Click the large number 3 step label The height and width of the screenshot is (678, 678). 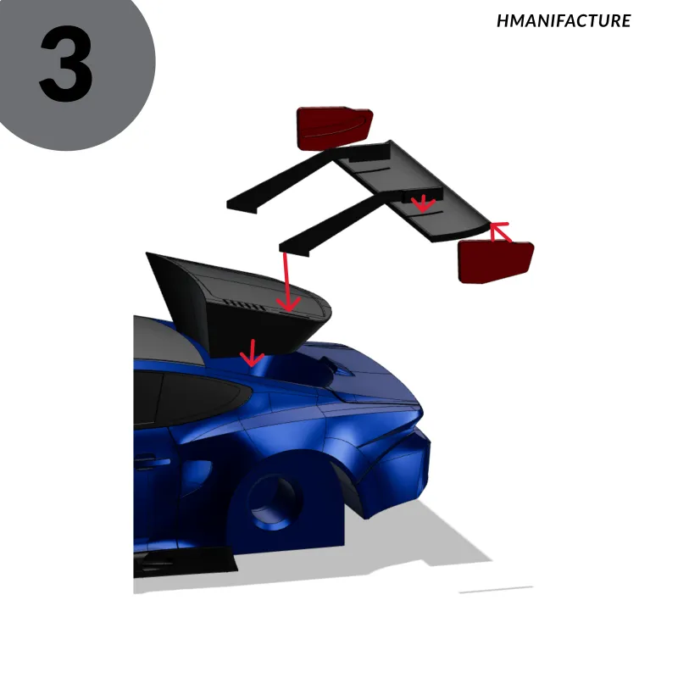pyautogui.click(x=66, y=64)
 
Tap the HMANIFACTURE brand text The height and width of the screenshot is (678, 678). pyautogui.click(x=564, y=20)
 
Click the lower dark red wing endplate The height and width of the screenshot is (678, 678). pyautogui.click(x=496, y=261)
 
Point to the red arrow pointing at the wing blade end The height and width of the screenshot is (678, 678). pyautogui.click(x=501, y=231)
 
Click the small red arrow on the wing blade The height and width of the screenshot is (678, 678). pyautogui.click(x=423, y=203)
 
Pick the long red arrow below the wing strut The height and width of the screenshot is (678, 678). pyautogui.click(x=287, y=281)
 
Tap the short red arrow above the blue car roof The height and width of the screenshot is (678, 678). pyautogui.click(x=253, y=353)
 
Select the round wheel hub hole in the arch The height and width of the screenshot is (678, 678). pyautogui.click(x=275, y=502)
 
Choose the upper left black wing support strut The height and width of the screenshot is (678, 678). pyautogui.click(x=281, y=181)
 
